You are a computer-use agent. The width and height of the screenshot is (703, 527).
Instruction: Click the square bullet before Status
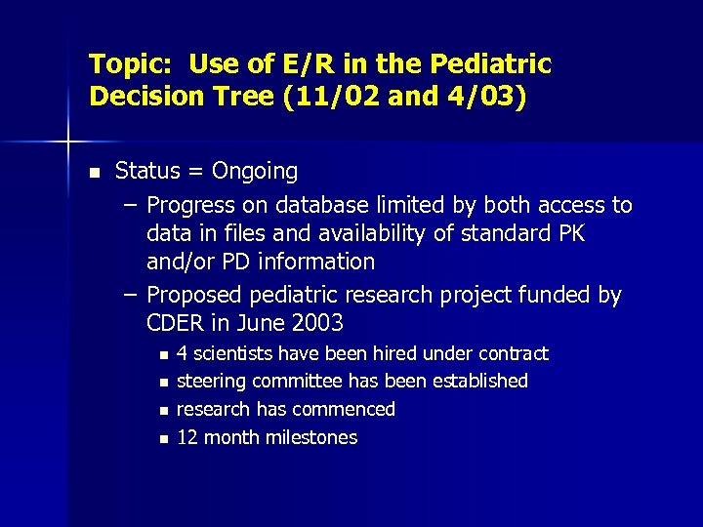click(94, 173)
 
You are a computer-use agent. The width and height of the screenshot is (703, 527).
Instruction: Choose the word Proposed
click(194, 296)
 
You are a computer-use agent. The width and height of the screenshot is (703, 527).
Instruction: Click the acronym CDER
click(176, 323)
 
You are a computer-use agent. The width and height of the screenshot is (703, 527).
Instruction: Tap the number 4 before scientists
click(183, 353)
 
